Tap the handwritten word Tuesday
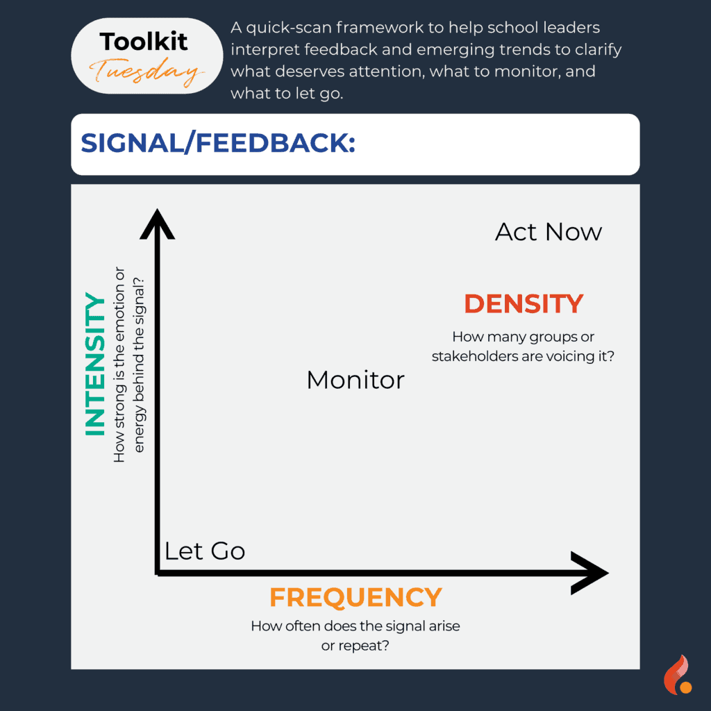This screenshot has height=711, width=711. [146, 72]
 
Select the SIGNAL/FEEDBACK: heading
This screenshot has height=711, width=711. [217, 143]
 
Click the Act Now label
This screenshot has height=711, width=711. [549, 232]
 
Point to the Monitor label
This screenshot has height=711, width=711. [355, 380]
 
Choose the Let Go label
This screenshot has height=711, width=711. [205, 551]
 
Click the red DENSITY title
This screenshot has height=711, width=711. [524, 304]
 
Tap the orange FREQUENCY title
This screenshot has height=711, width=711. [355, 597]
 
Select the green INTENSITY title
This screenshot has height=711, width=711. [94, 364]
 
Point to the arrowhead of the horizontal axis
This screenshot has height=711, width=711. [589, 573]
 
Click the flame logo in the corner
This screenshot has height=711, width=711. [678, 675]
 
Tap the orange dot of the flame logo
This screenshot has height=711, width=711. [686, 687]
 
